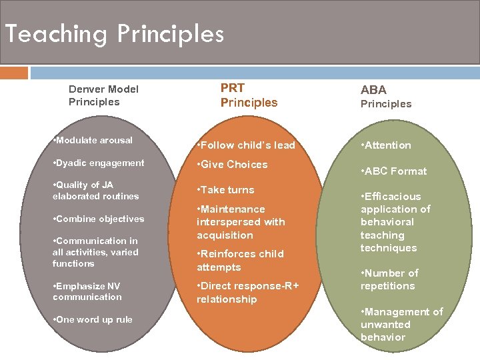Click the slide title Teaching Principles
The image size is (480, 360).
click(x=114, y=33)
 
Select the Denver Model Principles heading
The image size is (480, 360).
click(x=103, y=95)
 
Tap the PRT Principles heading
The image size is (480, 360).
click(x=248, y=95)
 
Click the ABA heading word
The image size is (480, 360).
click(x=373, y=90)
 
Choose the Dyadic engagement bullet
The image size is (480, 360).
click(x=98, y=163)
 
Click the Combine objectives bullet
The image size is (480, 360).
click(x=98, y=219)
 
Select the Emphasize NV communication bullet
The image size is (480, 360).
click(x=87, y=291)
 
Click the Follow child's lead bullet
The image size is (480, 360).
click(x=245, y=145)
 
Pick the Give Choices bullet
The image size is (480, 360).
click(x=232, y=165)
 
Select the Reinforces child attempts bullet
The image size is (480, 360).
click(x=240, y=261)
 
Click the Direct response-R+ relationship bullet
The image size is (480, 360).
click(x=247, y=293)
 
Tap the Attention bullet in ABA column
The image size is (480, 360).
click(x=385, y=145)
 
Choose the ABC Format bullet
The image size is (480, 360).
click(x=393, y=171)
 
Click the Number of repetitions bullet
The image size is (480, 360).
click(x=389, y=279)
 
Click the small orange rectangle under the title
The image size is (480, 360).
click(x=14, y=73)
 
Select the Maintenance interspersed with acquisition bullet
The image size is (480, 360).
click(x=241, y=222)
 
